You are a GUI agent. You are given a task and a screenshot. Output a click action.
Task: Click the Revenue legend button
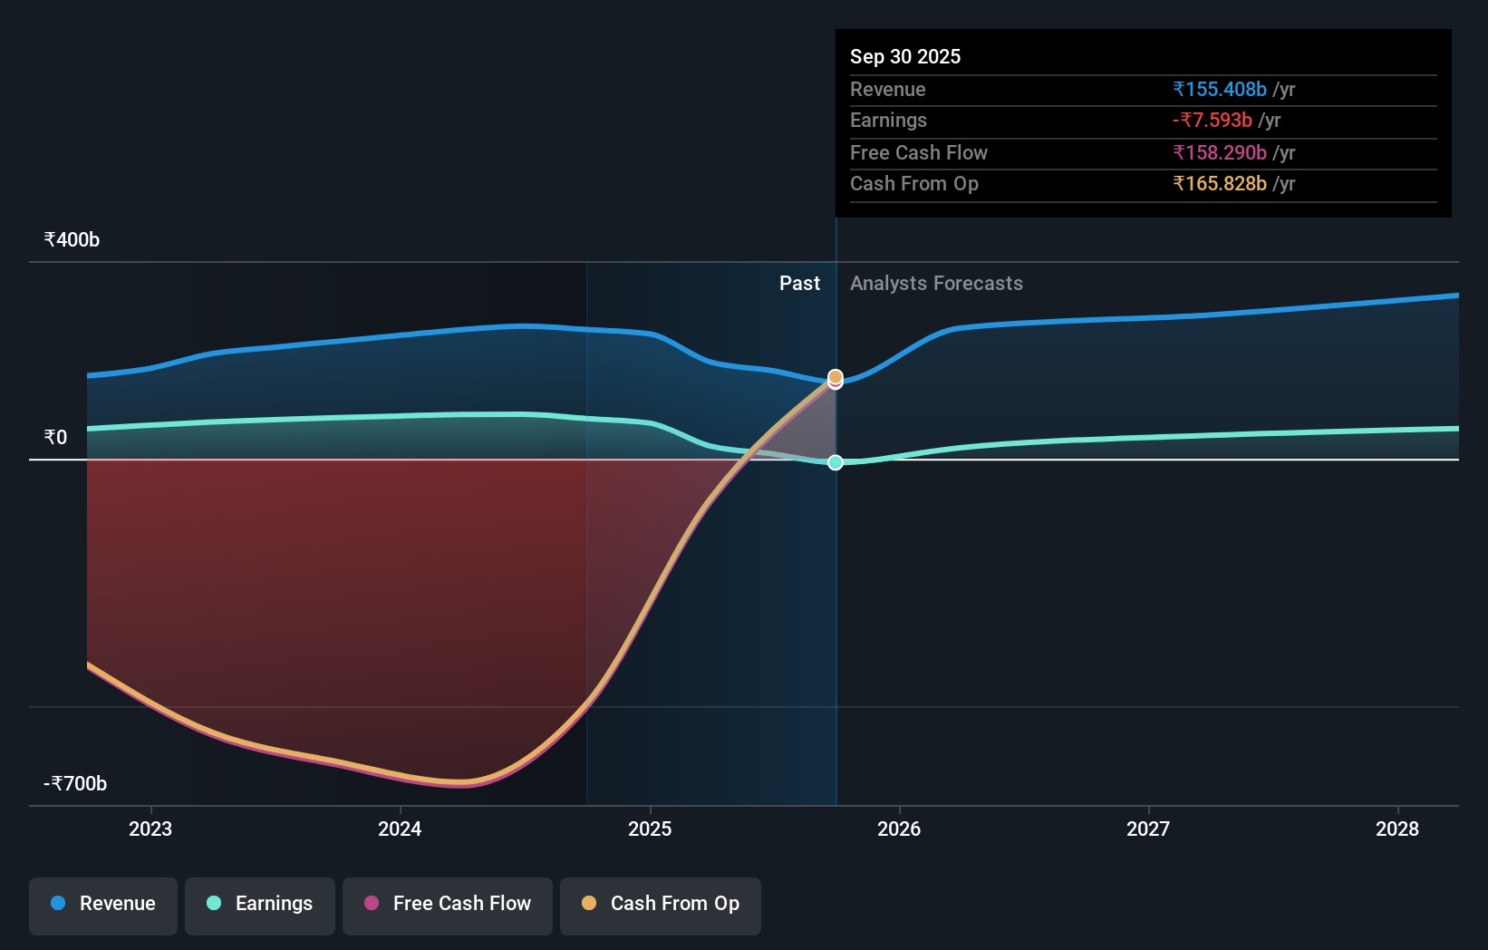103,904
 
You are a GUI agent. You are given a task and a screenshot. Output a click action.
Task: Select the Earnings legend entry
260,904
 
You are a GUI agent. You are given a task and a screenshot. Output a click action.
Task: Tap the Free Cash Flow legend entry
448,904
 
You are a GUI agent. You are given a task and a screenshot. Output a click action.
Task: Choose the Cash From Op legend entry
661,904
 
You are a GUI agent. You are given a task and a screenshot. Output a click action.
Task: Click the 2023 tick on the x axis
150,829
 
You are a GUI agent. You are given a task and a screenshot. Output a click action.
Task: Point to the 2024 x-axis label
400,829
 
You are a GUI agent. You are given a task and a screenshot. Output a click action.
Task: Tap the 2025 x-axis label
650,829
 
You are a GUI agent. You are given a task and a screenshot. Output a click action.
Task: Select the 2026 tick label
899,829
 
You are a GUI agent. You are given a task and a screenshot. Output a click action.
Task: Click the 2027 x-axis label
1148,829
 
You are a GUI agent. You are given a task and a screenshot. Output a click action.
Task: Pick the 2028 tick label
1397,829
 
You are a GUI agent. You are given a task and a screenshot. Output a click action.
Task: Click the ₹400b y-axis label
72,240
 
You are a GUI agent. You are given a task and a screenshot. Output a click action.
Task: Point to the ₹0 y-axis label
55,438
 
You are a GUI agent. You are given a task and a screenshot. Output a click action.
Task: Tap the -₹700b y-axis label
75,784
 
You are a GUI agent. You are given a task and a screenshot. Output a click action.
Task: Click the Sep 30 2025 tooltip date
904,56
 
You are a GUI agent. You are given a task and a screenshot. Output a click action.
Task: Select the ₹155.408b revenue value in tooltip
1219,89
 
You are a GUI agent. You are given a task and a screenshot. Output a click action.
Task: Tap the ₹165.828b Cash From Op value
1219,184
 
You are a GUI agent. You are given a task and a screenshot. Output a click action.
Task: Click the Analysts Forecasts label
936,284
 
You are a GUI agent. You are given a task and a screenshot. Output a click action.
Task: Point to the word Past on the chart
799,284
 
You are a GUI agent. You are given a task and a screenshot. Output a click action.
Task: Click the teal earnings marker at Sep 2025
836,462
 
